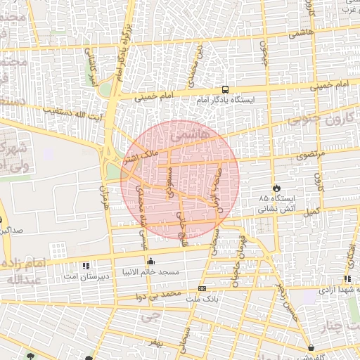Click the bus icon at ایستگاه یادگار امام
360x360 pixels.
[x=225, y=89]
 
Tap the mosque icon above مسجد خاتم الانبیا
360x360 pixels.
[x=150, y=262]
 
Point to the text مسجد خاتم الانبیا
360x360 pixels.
[x=150, y=272]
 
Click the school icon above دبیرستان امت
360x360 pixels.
[x=86, y=266]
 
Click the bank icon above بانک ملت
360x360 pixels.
[x=202, y=288]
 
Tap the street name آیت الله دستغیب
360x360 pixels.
[x=70, y=112]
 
